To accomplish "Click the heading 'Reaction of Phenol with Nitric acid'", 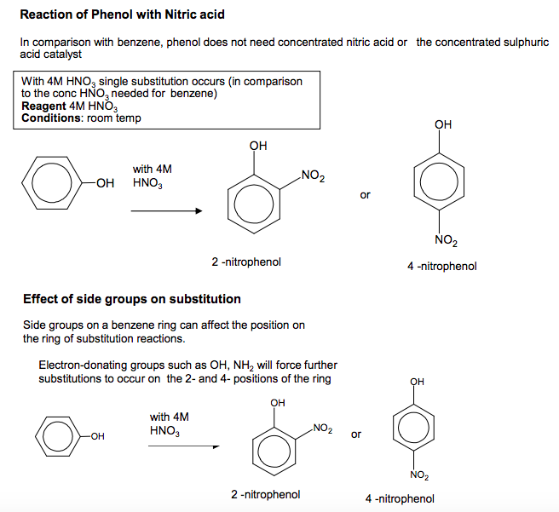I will point(122,15).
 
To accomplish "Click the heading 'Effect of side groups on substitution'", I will point(132,299).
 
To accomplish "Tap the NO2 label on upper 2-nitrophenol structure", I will point(313,176).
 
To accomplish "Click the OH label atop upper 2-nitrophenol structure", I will point(258,146).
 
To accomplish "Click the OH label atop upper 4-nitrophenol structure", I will point(443,124).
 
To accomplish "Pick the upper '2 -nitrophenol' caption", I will point(247,262).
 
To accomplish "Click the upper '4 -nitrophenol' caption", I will point(442,266).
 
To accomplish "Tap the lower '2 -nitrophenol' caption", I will point(265,494).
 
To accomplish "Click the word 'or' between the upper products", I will point(366,195).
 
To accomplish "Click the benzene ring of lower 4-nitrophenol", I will point(416,428).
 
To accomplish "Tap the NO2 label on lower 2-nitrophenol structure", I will point(323,427).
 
